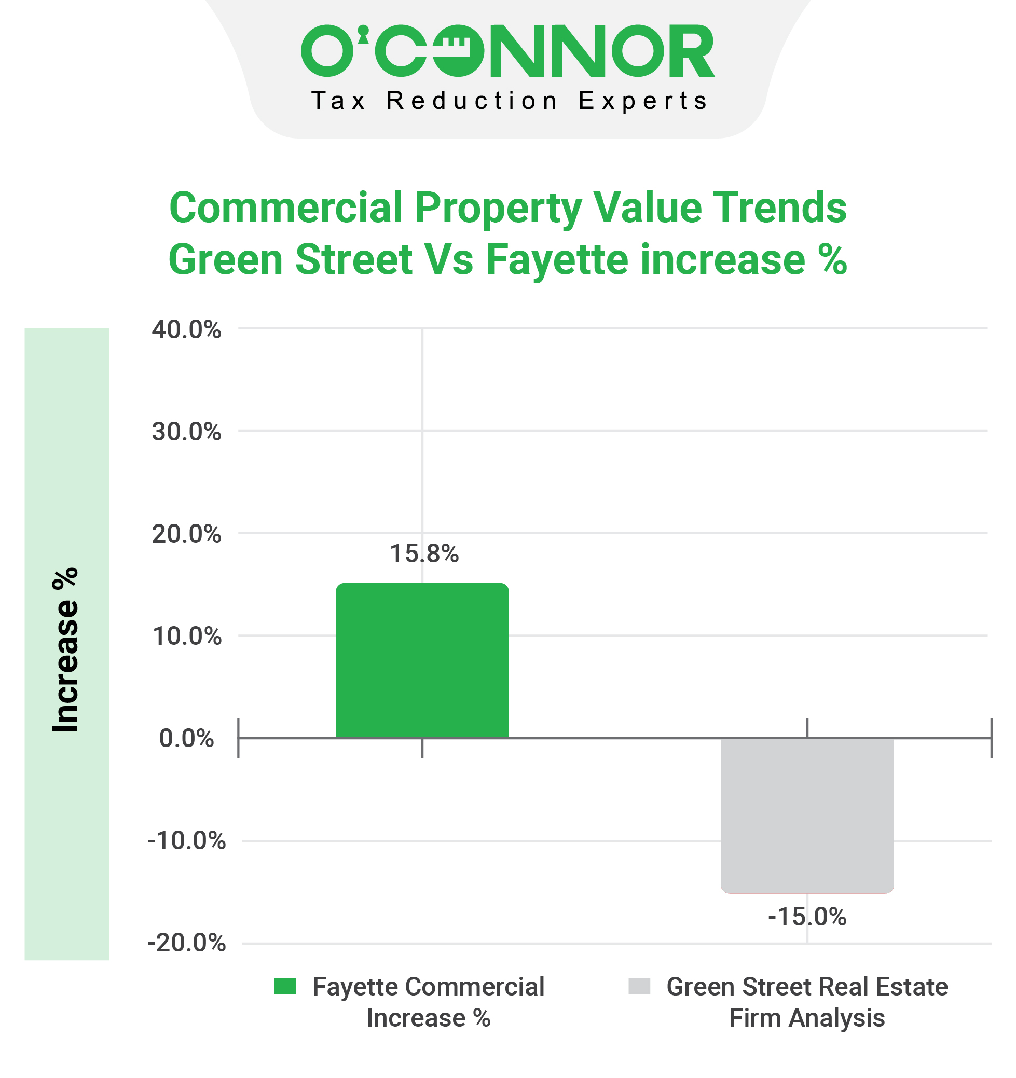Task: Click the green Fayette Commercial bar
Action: [x=422, y=660]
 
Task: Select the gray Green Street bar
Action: [x=806, y=815]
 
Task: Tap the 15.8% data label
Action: [x=424, y=554]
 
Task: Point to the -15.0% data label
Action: [x=806, y=917]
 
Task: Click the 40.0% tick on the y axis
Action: [x=186, y=330]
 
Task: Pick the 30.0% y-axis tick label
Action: [x=186, y=432]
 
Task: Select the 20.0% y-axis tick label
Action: [x=186, y=534]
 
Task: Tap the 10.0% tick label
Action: [x=186, y=636]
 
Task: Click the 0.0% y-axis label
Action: [x=186, y=739]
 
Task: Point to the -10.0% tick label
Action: [x=186, y=841]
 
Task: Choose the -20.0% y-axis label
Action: [x=186, y=944]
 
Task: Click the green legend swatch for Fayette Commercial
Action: [x=285, y=986]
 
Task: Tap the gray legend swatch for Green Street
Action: [x=639, y=986]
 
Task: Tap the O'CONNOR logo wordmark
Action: [x=507, y=51]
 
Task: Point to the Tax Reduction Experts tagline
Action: [x=509, y=101]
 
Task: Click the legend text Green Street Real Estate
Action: [x=806, y=987]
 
